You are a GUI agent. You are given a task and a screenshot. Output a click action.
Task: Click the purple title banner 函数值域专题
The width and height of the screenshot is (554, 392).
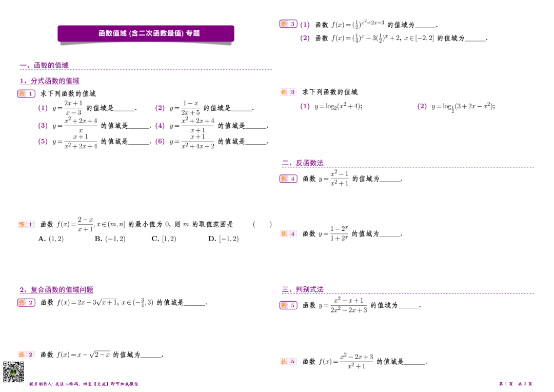point(146,33)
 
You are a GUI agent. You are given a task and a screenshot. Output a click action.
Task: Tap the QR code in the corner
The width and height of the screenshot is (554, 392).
point(14,371)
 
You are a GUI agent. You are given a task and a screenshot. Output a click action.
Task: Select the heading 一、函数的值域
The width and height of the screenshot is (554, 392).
point(44,65)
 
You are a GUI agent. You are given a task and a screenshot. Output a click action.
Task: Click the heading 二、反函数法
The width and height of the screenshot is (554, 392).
point(303,163)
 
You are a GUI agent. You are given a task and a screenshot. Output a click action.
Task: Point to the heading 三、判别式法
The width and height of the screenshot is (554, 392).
point(303,290)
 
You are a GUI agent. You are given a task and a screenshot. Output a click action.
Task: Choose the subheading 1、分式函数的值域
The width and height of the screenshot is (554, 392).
point(50,81)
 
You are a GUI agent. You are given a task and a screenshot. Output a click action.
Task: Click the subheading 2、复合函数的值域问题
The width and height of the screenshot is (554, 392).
point(56,290)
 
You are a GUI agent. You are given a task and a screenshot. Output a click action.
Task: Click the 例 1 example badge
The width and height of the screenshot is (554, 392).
point(26,93)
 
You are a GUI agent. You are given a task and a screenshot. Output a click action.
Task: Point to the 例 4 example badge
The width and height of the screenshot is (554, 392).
point(288,179)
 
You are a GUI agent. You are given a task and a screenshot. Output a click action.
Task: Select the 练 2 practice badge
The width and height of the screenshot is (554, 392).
point(26,355)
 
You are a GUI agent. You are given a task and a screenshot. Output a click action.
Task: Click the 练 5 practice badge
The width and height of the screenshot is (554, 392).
point(288,362)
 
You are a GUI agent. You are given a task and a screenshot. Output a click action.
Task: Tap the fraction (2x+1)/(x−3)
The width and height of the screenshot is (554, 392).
point(73,108)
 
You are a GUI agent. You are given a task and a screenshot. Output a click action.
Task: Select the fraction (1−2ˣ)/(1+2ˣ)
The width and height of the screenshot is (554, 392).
point(339,233)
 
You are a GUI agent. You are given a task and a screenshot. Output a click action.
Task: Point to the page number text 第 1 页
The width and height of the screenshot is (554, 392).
point(505,384)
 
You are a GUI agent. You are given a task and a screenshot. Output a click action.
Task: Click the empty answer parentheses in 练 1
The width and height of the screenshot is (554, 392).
point(262,224)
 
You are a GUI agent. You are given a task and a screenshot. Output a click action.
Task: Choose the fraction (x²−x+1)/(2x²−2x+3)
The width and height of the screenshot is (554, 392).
point(349,305)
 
